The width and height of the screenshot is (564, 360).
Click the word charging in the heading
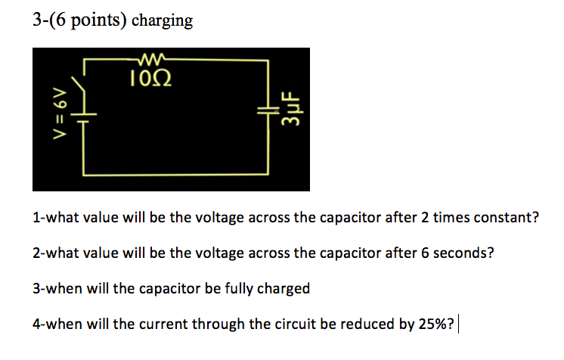pyautogui.click(x=163, y=20)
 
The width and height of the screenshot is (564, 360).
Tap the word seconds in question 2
pyautogui.click(x=464, y=253)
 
